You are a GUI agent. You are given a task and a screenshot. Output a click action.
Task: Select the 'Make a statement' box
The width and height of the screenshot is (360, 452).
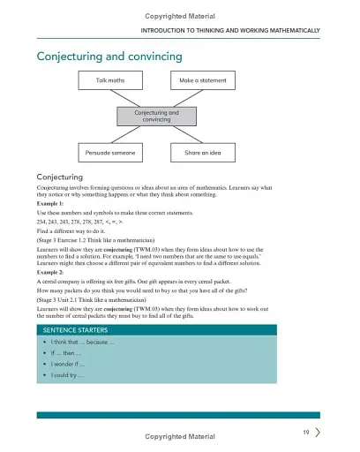pyautogui.click(x=203, y=81)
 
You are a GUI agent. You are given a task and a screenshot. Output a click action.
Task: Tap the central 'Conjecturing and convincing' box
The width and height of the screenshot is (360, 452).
pyautogui.click(x=156, y=117)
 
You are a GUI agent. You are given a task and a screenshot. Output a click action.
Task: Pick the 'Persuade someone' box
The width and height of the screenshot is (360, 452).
pyautogui.click(x=109, y=152)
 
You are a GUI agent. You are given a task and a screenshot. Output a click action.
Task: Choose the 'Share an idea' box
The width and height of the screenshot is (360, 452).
pyautogui.click(x=203, y=152)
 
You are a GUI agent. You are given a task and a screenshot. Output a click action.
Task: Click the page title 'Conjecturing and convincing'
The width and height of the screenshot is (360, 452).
pyautogui.click(x=109, y=56)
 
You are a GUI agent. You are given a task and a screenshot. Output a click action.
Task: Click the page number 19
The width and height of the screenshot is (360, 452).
pyautogui.click(x=304, y=432)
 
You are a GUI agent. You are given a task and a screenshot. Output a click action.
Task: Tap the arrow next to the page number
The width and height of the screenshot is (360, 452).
pyautogui.click(x=317, y=432)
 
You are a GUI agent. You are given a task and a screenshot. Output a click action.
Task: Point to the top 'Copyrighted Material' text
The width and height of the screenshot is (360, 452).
pyautogui.click(x=179, y=14)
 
